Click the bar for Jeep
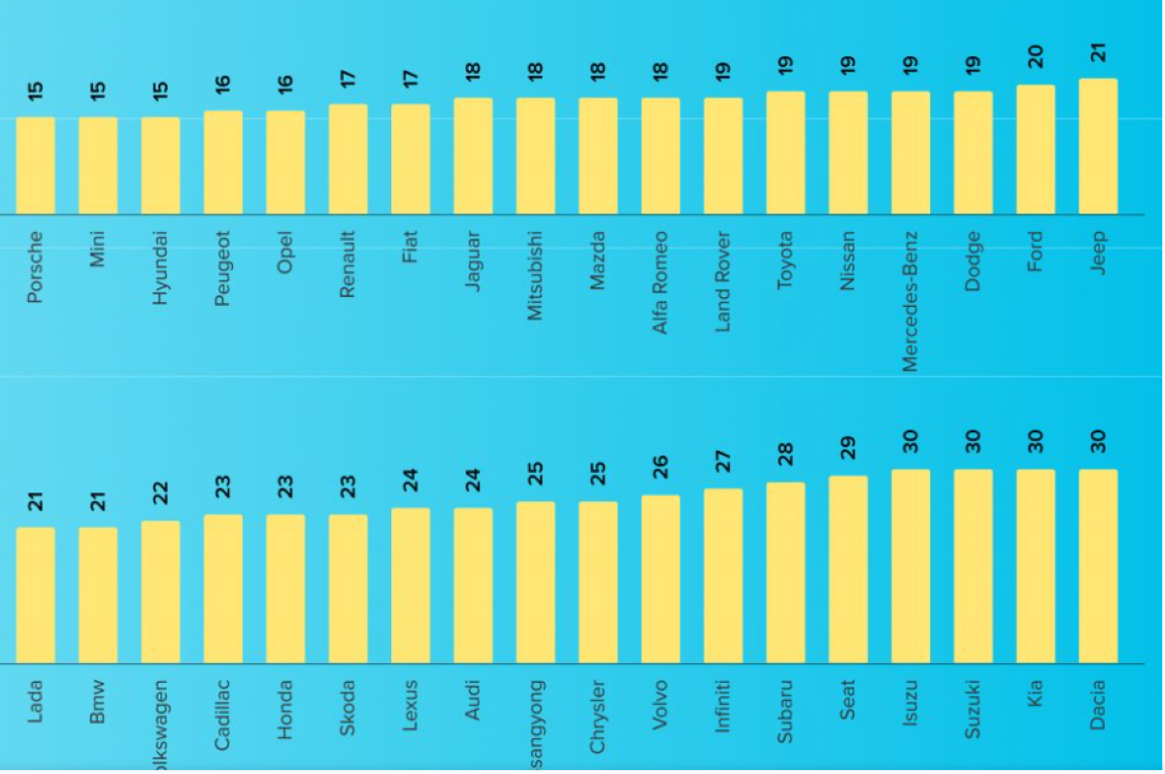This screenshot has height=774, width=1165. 1098,147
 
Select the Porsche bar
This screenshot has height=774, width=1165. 36,166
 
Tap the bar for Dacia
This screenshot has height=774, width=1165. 1098,566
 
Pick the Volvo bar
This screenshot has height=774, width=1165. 660,580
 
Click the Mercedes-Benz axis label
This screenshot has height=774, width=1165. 910,300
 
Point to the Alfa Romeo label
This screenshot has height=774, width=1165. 660,283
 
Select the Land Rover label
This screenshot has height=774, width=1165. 722,282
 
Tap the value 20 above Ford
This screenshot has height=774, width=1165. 1036,56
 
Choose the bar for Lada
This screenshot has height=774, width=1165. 36,595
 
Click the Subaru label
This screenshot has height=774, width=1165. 785,712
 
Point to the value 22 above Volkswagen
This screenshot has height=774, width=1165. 160,493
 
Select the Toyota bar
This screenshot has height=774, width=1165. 785,153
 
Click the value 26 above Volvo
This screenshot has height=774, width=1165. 660,468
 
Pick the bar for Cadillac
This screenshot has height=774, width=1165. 223,589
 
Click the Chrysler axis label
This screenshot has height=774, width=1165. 598,717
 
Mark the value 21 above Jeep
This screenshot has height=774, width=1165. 1098,51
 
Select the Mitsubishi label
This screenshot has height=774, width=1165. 535,276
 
